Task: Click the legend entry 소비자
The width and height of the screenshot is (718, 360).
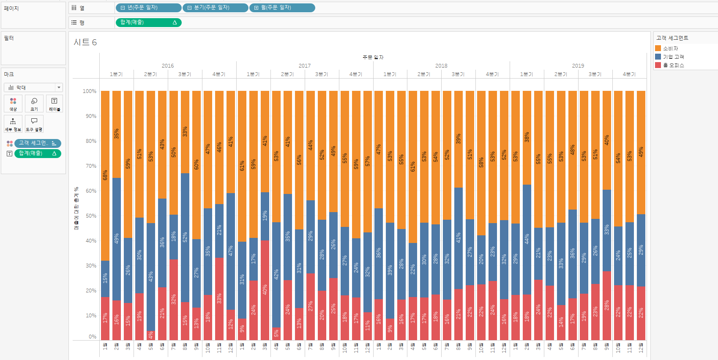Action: [670, 49]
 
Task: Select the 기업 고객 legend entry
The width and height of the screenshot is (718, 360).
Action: [673, 57]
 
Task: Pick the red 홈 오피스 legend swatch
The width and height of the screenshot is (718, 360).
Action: [658, 65]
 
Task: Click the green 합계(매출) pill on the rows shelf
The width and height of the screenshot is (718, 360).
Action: [148, 22]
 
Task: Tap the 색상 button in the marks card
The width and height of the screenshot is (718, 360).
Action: [13, 104]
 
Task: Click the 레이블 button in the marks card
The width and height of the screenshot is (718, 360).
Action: [55, 104]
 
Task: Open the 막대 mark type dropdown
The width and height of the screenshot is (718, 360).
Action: [33, 87]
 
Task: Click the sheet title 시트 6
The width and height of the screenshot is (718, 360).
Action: [85, 42]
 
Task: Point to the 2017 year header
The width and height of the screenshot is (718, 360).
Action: [304, 65]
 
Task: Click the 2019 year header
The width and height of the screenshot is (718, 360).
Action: [578, 65]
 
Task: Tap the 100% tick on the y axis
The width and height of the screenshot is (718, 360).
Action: [89, 91]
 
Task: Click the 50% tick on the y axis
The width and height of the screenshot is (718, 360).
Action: [91, 216]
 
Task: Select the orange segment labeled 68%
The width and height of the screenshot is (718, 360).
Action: [105, 175]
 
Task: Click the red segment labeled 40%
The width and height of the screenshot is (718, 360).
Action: [265, 290]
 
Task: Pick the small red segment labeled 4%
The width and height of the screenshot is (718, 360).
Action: [151, 335]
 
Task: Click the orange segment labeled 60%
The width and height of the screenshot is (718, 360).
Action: [197, 165]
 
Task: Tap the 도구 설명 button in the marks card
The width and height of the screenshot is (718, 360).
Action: [34, 124]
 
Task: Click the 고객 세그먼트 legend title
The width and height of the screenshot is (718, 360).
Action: [672, 38]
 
